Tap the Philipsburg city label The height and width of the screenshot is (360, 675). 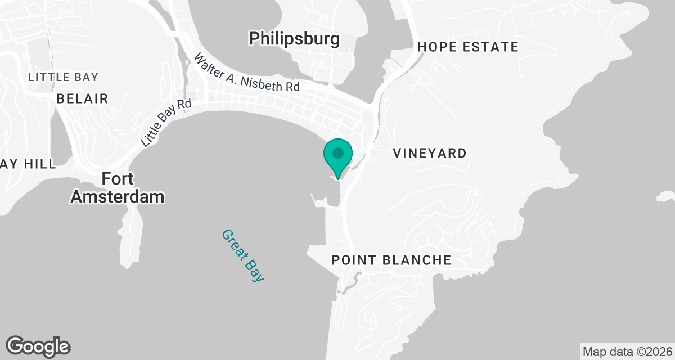(x=294, y=39)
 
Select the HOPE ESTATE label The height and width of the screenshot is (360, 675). (x=467, y=47)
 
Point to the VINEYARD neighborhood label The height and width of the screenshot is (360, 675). (x=430, y=153)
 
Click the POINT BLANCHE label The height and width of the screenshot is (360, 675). (x=391, y=260)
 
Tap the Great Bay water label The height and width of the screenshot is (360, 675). (x=243, y=255)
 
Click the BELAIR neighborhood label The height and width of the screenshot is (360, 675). (x=82, y=99)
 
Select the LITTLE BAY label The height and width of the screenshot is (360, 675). (x=63, y=77)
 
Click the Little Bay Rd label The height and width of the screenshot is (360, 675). (x=166, y=123)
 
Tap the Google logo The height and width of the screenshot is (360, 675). (x=38, y=346)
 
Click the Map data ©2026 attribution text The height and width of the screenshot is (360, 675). (x=627, y=352)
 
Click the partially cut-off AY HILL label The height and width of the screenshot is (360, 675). (x=28, y=164)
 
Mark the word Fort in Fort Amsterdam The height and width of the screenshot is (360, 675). (x=118, y=179)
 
